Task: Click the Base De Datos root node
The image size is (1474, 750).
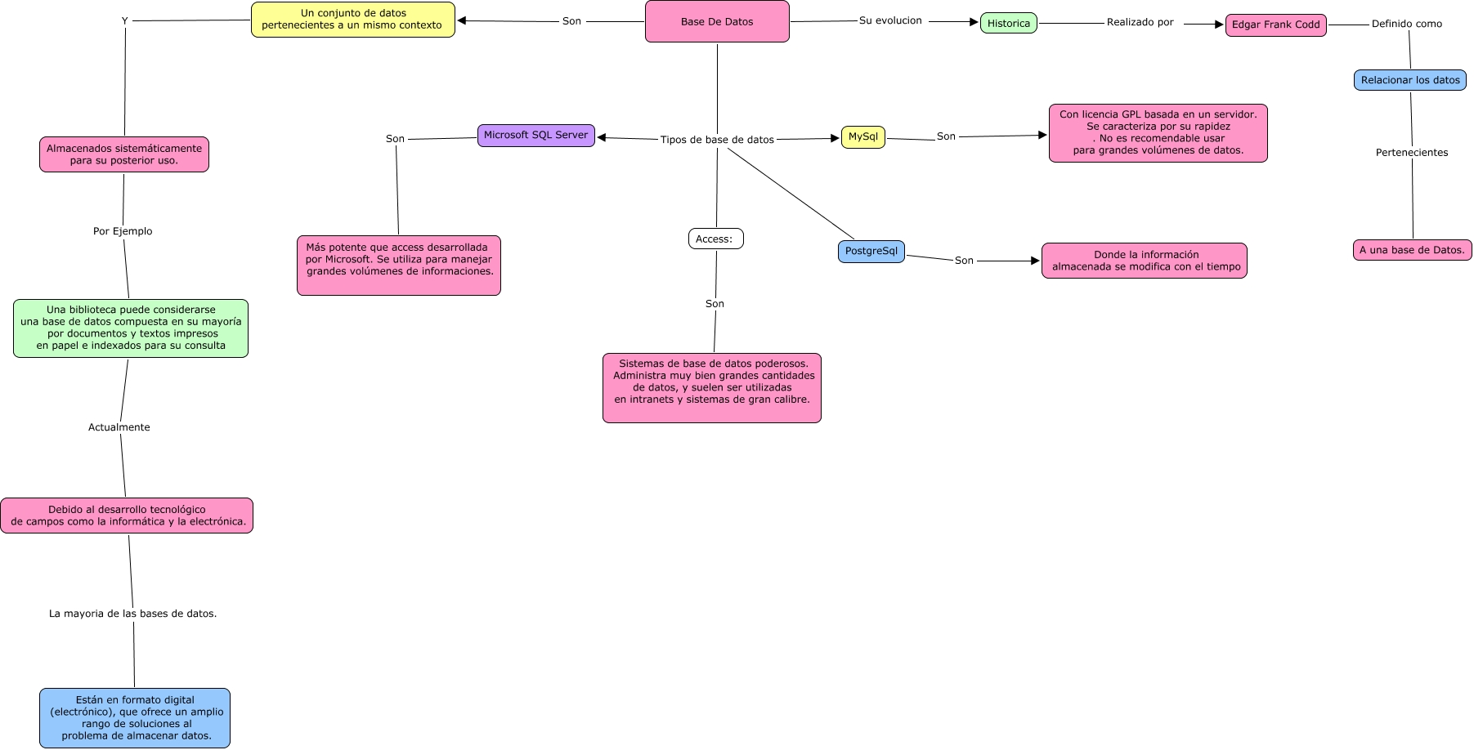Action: pos(717,21)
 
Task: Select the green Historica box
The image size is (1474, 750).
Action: pos(1008,23)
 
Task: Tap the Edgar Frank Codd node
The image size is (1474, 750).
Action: pos(1275,25)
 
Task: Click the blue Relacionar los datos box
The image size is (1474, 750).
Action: pos(1409,80)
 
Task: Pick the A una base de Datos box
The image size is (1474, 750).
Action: pos(1412,250)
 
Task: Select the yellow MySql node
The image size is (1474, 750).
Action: pos(862,136)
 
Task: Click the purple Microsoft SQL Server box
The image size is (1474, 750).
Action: pos(535,135)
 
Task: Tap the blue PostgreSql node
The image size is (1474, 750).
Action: pos(871,251)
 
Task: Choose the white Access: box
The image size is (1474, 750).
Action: pos(715,239)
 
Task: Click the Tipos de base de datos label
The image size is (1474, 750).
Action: pos(717,140)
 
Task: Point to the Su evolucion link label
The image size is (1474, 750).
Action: pos(890,20)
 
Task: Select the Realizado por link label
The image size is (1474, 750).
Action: pos(1140,22)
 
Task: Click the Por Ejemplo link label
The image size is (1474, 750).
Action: pos(123,231)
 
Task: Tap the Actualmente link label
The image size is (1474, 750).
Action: pos(119,427)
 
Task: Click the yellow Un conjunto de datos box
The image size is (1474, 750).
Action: pos(352,19)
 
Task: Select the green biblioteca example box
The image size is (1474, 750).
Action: pos(131,328)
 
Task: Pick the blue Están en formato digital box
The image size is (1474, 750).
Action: pos(135,717)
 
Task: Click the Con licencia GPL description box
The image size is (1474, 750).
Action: pos(1158,132)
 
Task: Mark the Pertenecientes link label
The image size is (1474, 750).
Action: pos(1411,153)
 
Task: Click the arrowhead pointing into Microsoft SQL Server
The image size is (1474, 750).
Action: pos(603,137)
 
